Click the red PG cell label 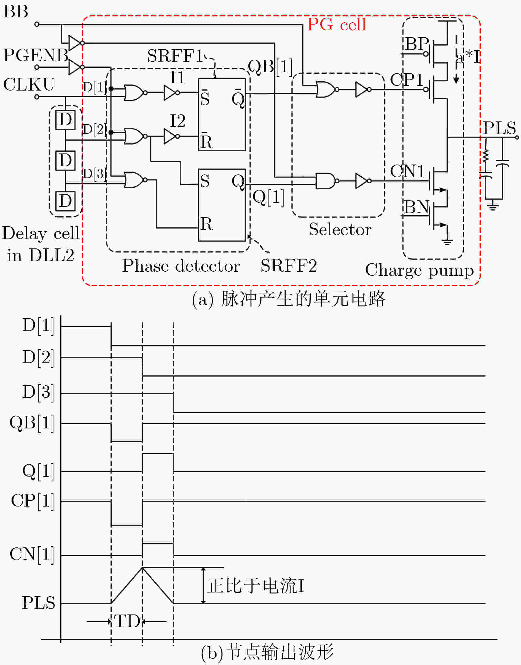(336, 25)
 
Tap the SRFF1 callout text (175, 56)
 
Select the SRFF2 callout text (289, 266)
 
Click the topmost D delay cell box (66, 120)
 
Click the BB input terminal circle (37, 24)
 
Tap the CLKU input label (29, 85)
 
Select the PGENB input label (36, 55)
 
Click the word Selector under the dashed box (340, 230)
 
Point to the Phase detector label (181, 266)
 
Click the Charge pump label (420, 270)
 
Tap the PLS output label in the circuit (499, 128)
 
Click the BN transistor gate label (417, 207)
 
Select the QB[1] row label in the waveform (32, 424)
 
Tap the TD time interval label (127, 621)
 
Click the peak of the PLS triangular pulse (142, 568)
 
